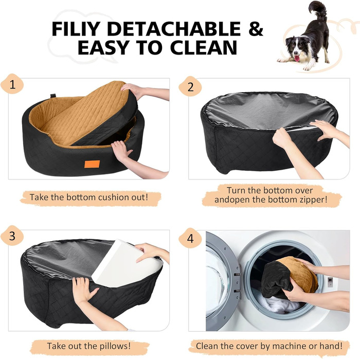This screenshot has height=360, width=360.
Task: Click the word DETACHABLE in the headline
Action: coord(174,29)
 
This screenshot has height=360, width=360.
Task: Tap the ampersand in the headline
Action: coord(256,29)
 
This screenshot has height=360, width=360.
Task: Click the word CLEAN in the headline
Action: coord(204,47)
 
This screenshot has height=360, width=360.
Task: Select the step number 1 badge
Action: coord(12,84)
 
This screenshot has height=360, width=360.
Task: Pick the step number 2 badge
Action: coord(190,86)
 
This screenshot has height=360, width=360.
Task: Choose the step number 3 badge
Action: coord(12,236)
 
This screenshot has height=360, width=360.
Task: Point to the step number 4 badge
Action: coord(190,238)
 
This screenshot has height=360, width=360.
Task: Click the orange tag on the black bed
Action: coord(92,164)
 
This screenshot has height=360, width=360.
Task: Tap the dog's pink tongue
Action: coord(297,58)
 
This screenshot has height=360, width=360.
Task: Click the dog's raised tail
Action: coord(318,9)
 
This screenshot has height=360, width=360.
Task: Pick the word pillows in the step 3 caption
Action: coord(115,346)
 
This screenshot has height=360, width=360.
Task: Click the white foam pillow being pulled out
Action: coord(128,264)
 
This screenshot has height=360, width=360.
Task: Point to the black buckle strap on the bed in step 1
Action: coord(53,96)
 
